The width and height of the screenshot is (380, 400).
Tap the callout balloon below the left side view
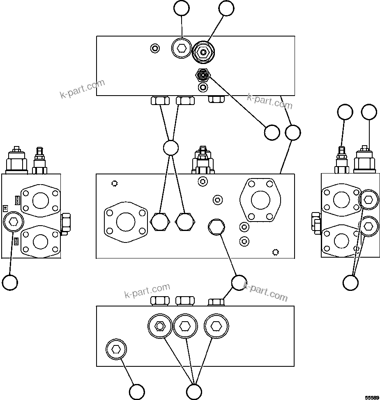click(10, 282)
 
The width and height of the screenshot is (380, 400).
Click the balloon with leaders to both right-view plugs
click(351, 282)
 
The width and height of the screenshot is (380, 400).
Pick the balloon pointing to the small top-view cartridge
click(272, 133)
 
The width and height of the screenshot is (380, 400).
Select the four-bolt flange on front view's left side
click(126, 222)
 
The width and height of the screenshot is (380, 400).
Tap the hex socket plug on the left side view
click(13, 222)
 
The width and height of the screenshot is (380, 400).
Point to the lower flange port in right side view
click(341, 241)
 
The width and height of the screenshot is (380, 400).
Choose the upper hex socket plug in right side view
click(368, 200)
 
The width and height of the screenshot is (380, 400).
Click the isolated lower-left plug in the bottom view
click(116, 349)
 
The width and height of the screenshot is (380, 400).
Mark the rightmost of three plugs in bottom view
click(216, 326)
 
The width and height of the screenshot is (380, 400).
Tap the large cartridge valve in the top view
click(203, 52)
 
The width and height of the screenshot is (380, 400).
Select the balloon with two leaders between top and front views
click(170, 148)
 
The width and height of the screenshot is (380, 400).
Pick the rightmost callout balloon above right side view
click(369, 112)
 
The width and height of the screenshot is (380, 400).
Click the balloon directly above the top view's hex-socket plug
click(181, 8)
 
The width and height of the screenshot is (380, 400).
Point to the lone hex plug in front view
click(216, 226)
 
